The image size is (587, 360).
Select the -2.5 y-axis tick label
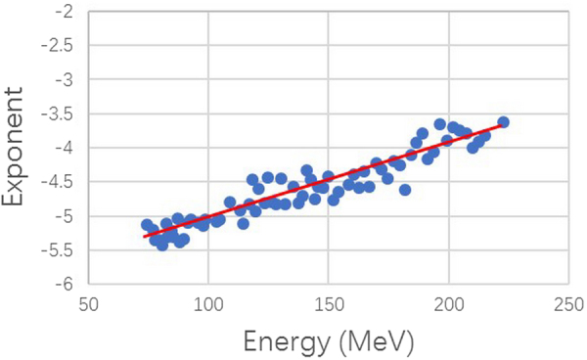tap(57, 45)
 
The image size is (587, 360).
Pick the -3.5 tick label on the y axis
tap(57, 113)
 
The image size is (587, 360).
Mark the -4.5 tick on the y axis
tap(57, 182)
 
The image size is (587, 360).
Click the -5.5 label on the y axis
tap(57, 250)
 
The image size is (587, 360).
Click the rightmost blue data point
tap(503, 122)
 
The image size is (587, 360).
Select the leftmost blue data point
tap(147, 225)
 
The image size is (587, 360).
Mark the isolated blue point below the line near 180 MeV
tap(404, 190)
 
